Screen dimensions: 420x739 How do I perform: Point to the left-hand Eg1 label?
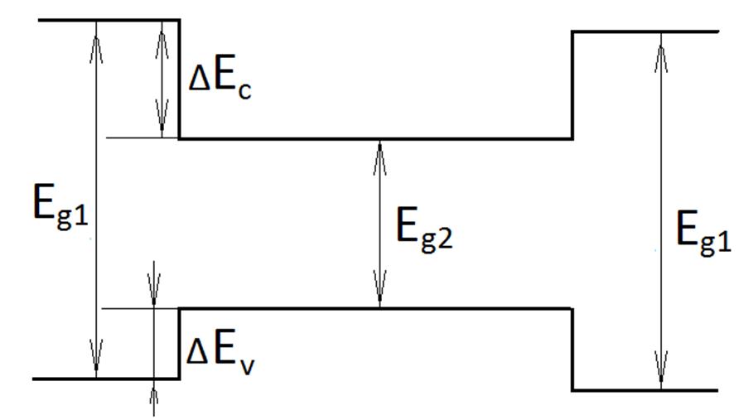pos(59,206)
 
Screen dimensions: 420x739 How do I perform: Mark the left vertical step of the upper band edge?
pos(180,79)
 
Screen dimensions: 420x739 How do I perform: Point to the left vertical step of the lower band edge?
pos(180,344)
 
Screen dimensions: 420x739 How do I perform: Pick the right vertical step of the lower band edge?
pos(572,349)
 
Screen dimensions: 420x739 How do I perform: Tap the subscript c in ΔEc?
pos(243,90)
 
